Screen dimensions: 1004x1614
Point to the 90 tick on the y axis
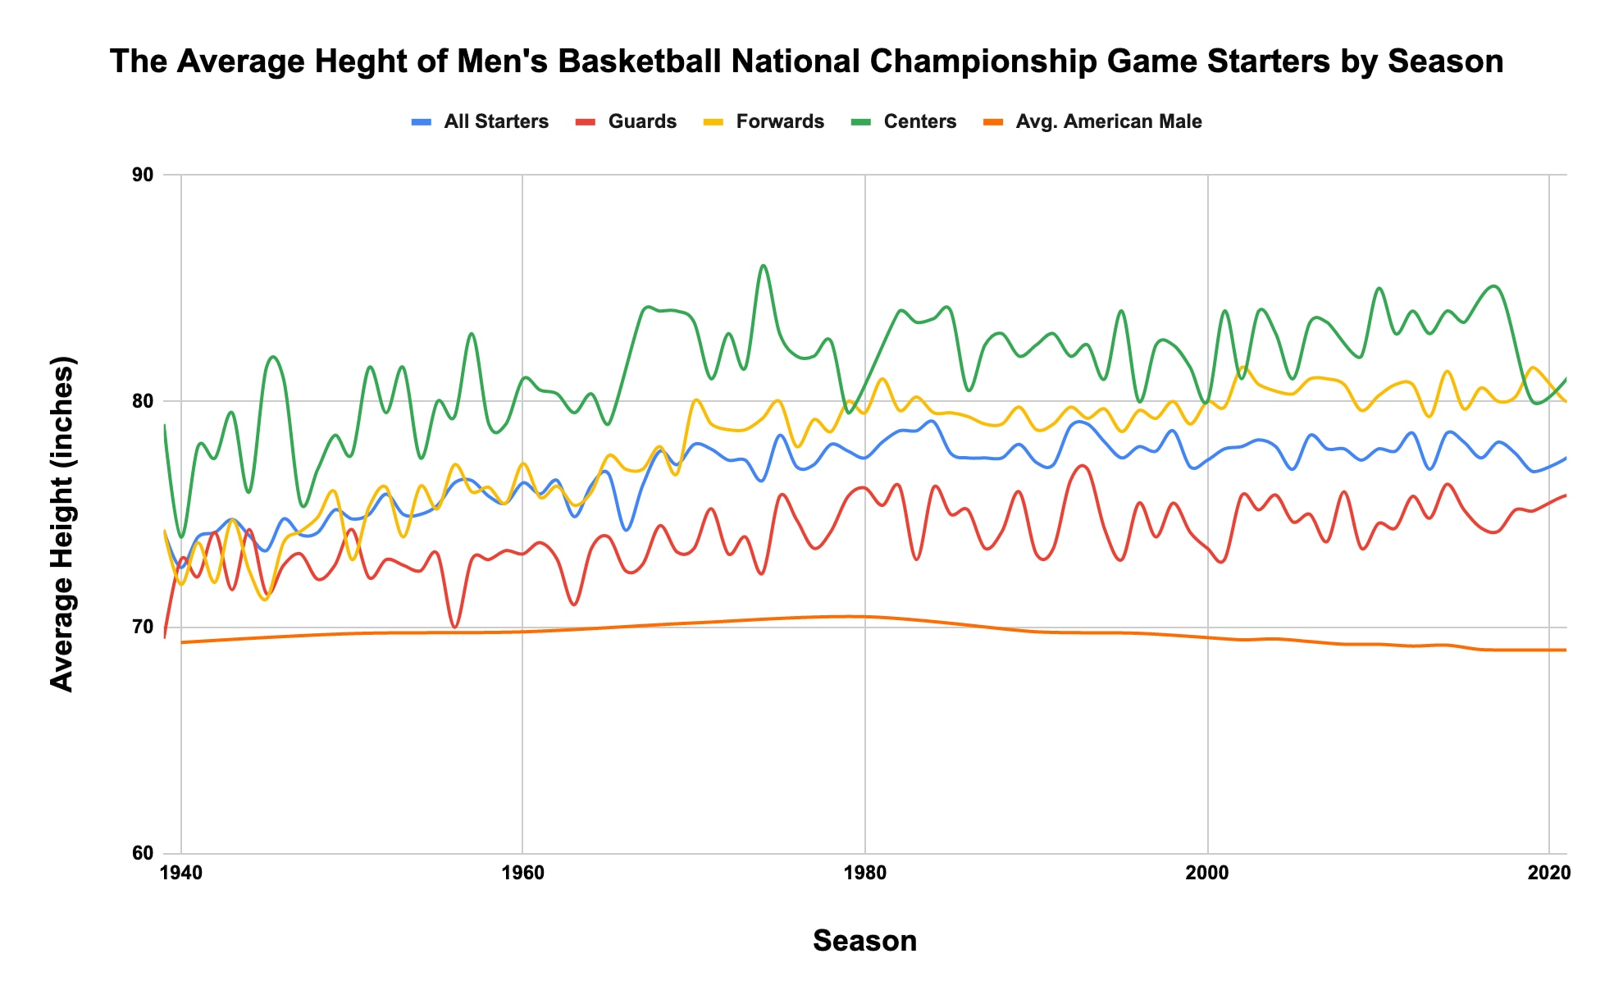pyautogui.click(x=143, y=175)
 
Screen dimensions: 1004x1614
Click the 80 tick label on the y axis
pyautogui.click(x=143, y=401)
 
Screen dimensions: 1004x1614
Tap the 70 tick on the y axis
pyautogui.click(x=143, y=627)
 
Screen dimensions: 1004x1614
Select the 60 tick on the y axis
pyautogui.click(x=143, y=853)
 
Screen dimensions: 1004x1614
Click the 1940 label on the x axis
pyautogui.click(x=180, y=873)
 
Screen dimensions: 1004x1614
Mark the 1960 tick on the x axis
pyautogui.click(x=522, y=873)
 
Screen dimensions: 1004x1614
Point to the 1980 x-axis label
pyautogui.click(x=865, y=873)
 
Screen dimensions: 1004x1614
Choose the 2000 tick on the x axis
pyautogui.click(x=1207, y=873)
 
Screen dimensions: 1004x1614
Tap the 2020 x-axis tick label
pyautogui.click(x=1548, y=873)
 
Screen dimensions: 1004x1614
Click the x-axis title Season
pyautogui.click(x=864, y=941)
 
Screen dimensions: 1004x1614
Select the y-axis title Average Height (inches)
pyautogui.click(x=62, y=524)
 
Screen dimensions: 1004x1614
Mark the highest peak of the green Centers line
pyautogui.click(x=764, y=265)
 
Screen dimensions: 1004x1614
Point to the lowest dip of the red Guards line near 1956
pyautogui.click(x=455, y=627)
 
